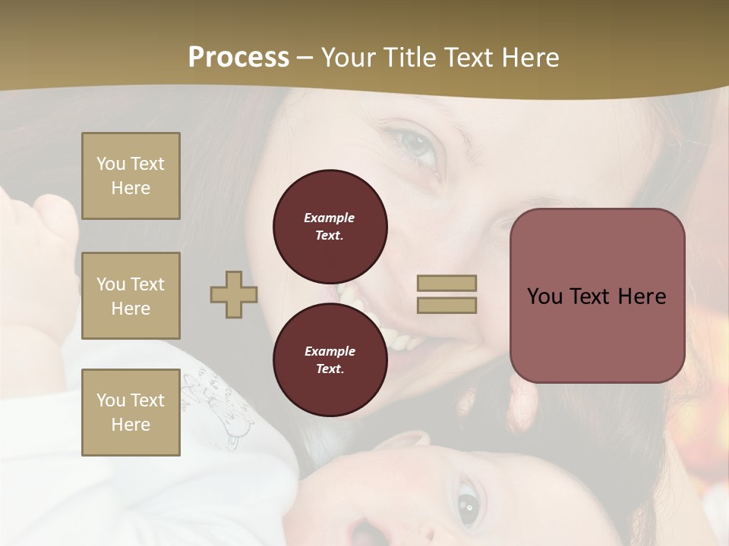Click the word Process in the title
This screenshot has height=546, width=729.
(x=238, y=58)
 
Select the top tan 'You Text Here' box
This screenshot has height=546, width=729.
(x=131, y=176)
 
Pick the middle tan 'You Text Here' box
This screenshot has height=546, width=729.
(x=131, y=296)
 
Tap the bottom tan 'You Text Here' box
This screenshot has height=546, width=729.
(x=131, y=413)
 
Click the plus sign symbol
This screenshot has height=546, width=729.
(x=234, y=294)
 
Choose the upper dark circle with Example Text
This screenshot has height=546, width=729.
(x=330, y=226)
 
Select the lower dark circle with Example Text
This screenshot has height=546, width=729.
(x=330, y=359)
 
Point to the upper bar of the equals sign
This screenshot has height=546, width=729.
(x=447, y=284)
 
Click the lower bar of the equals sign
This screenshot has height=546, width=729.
(x=447, y=305)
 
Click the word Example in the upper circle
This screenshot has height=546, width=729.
(x=330, y=218)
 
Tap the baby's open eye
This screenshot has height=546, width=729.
(x=468, y=501)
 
